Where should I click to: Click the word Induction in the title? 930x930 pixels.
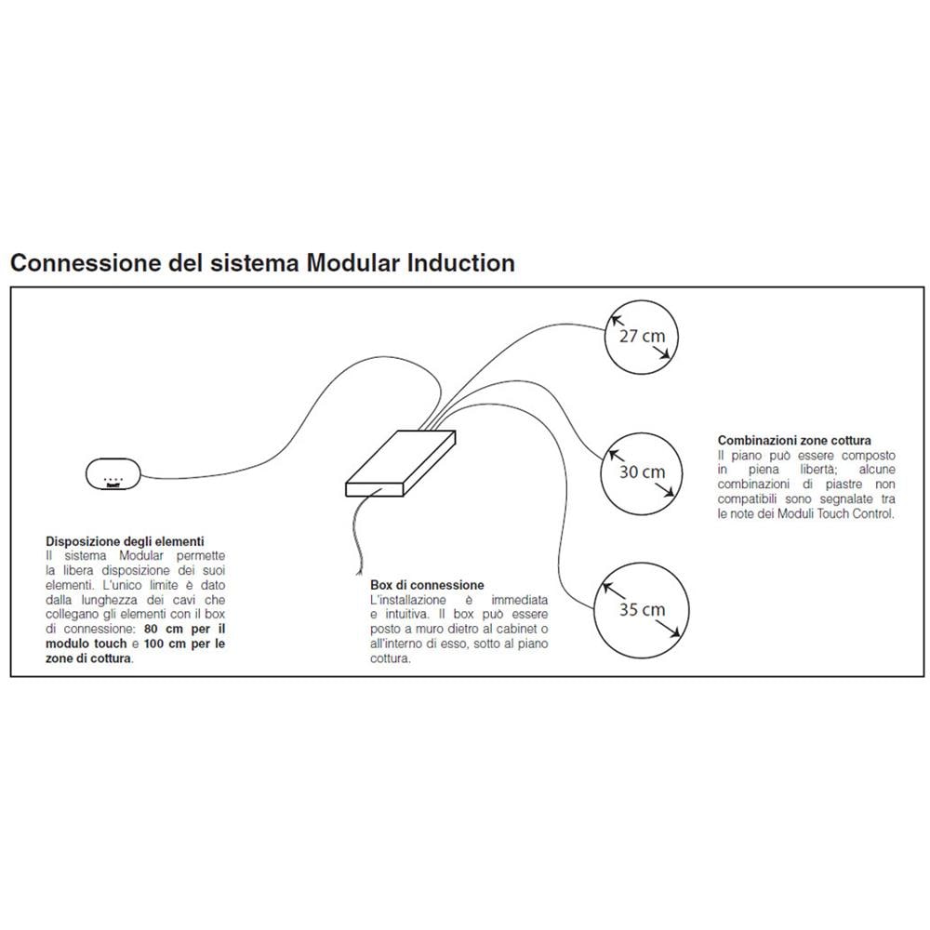pyautogui.click(x=461, y=263)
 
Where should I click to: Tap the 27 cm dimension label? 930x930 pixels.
pyautogui.click(x=641, y=336)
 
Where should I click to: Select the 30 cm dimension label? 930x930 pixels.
pyautogui.click(x=642, y=472)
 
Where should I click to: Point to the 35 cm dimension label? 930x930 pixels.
pyautogui.click(x=642, y=610)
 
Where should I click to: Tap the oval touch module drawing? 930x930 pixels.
pyautogui.click(x=113, y=474)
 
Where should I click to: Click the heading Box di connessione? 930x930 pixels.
pyautogui.click(x=427, y=585)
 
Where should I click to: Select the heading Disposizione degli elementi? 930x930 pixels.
pyautogui.click(x=125, y=540)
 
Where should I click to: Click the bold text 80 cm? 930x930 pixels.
pyautogui.click(x=162, y=629)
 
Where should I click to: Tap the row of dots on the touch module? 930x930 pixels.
pyautogui.click(x=113, y=481)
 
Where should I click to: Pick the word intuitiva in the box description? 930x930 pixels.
pyautogui.click(x=405, y=615)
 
